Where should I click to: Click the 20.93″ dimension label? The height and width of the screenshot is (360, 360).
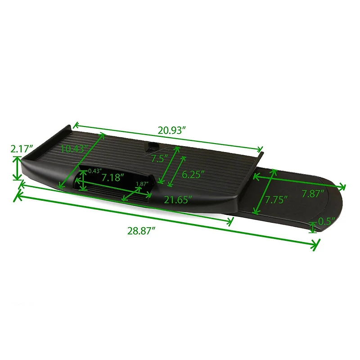172,130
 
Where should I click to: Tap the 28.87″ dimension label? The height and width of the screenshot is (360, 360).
141,231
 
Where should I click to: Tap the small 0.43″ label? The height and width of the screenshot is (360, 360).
94,171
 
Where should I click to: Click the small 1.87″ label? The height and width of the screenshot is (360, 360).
141,184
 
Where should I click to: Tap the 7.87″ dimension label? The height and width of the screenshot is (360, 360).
314,194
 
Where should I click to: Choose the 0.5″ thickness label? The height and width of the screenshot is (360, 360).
326,221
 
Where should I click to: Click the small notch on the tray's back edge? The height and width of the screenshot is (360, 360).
152,145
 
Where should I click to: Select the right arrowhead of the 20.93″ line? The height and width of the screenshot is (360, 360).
261,150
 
